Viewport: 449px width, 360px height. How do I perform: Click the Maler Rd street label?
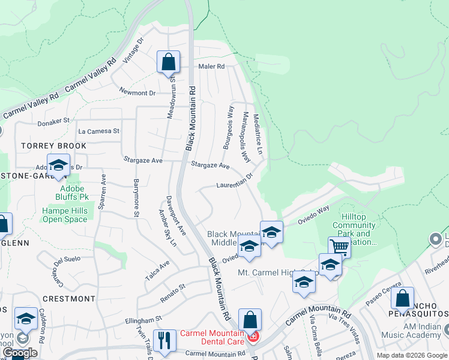pos(212,67)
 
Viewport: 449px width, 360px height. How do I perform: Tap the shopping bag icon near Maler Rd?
pos(168,62)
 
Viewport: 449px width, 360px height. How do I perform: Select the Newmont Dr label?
pos(137,93)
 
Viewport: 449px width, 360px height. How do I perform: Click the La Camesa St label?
pos(99,131)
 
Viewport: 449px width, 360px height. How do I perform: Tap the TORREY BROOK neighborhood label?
pos(54,146)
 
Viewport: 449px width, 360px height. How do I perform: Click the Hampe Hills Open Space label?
pos(64,215)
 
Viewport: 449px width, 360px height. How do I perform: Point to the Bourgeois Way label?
pos(228,127)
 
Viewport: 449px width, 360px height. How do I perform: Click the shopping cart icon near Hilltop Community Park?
pos(339,246)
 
